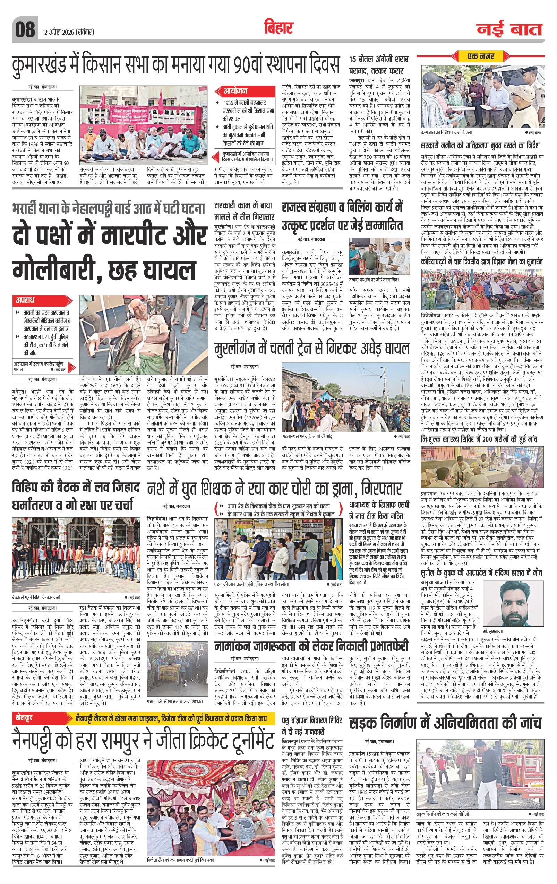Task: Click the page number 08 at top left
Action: [x=25, y=29]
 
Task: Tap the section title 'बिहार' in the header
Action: [x=278, y=28]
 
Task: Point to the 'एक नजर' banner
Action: [x=481, y=56]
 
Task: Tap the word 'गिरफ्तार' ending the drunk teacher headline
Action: [x=382, y=489]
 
